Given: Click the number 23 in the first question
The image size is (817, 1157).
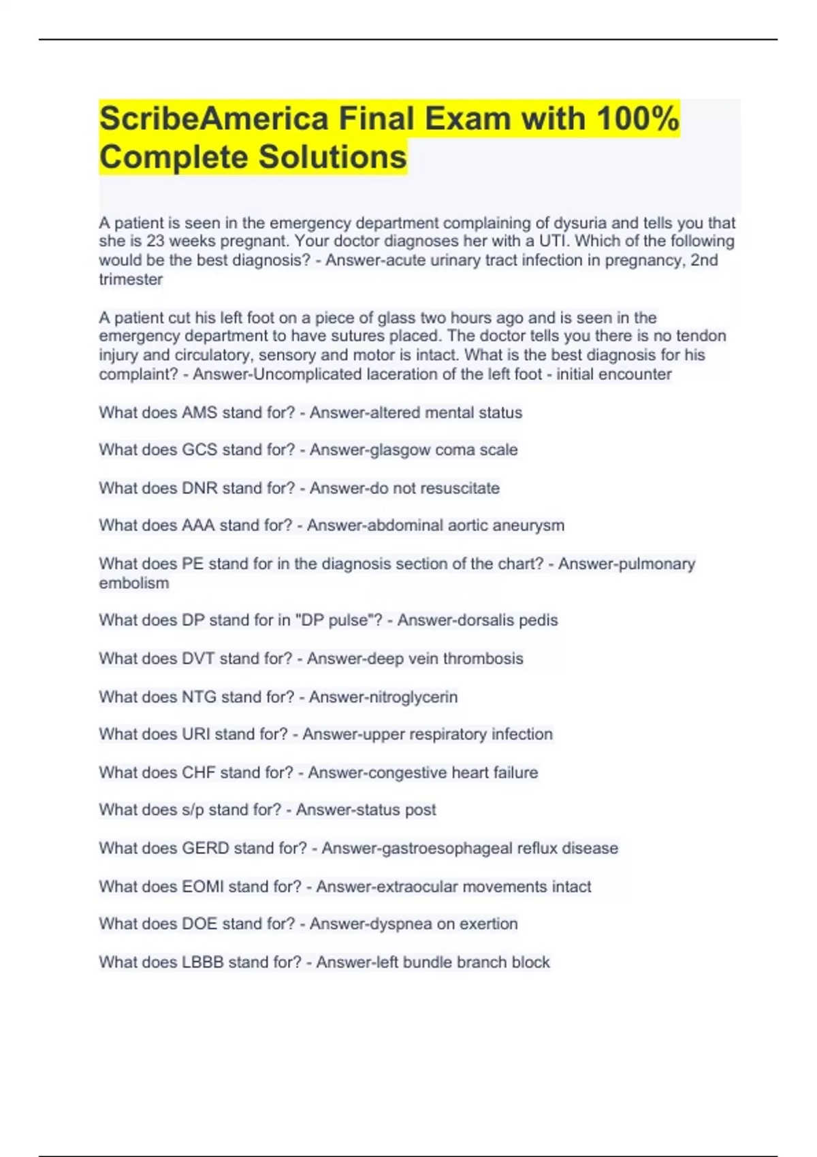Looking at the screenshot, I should coord(156,242).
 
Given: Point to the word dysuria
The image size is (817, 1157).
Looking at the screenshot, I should coord(579,223).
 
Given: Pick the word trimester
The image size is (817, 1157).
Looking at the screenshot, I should coord(131,280).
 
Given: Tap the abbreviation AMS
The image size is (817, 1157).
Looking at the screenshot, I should coord(199,412).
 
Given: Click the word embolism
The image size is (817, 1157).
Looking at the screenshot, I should coord(134,583).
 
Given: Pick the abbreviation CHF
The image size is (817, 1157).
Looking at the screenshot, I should coord(199,772).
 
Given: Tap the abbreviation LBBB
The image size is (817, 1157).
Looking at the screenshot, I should coord(202,962).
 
